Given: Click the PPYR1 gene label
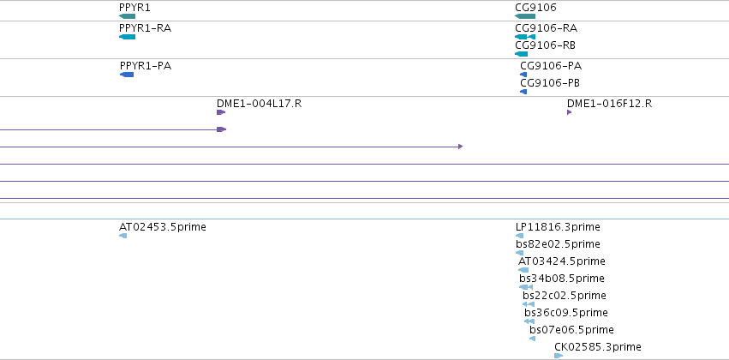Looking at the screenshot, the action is point(134,8).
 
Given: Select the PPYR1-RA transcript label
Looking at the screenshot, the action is point(145,28).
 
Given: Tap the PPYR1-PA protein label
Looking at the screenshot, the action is point(146,66).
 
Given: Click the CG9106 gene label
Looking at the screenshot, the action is point(535,8).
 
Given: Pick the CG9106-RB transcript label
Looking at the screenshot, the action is point(546,45).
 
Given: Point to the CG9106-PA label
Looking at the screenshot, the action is point(551,66).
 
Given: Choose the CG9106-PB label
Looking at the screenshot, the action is point(550,83).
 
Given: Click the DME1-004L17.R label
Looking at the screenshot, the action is point(259,104).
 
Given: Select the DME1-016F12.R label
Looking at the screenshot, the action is point(610,104).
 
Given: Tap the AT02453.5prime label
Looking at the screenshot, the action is point(163,227).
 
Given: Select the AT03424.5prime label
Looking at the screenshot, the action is point(562,261).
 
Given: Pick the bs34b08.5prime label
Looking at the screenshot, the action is point(562,279).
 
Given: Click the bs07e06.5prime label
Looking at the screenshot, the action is point(572,330).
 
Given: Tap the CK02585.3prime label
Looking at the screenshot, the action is point(598,347).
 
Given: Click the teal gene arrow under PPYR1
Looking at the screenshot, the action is point(127,16).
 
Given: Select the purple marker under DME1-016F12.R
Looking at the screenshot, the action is point(570,112).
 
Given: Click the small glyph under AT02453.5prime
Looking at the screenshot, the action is point(122,236).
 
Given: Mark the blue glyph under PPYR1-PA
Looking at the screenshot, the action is point(127,75).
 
